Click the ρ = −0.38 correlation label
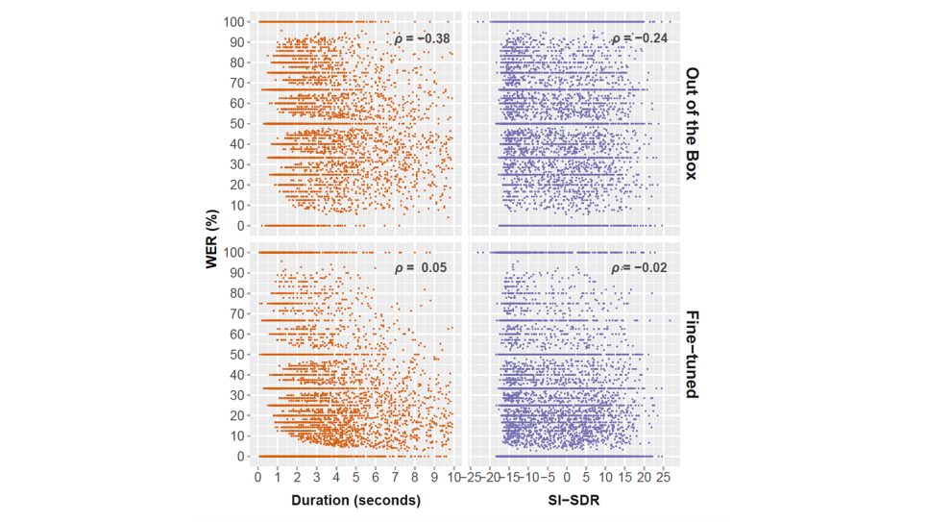pos(422,38)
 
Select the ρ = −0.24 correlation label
pos(640,38)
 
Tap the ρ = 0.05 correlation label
pos(422,269)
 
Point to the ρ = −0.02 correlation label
pos(640,269)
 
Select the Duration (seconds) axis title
pos(355,500)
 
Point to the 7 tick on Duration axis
pos(395,476)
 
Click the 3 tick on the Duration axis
pos(316,476)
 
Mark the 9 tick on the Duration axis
pos(434,476)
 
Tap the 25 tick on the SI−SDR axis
pos(663,476)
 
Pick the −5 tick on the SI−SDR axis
pos(548,476)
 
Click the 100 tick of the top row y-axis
pos(234,21)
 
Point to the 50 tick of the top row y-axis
pos(237,124)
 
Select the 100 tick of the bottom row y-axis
pos(234,253)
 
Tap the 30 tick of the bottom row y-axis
pos(237,395)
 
